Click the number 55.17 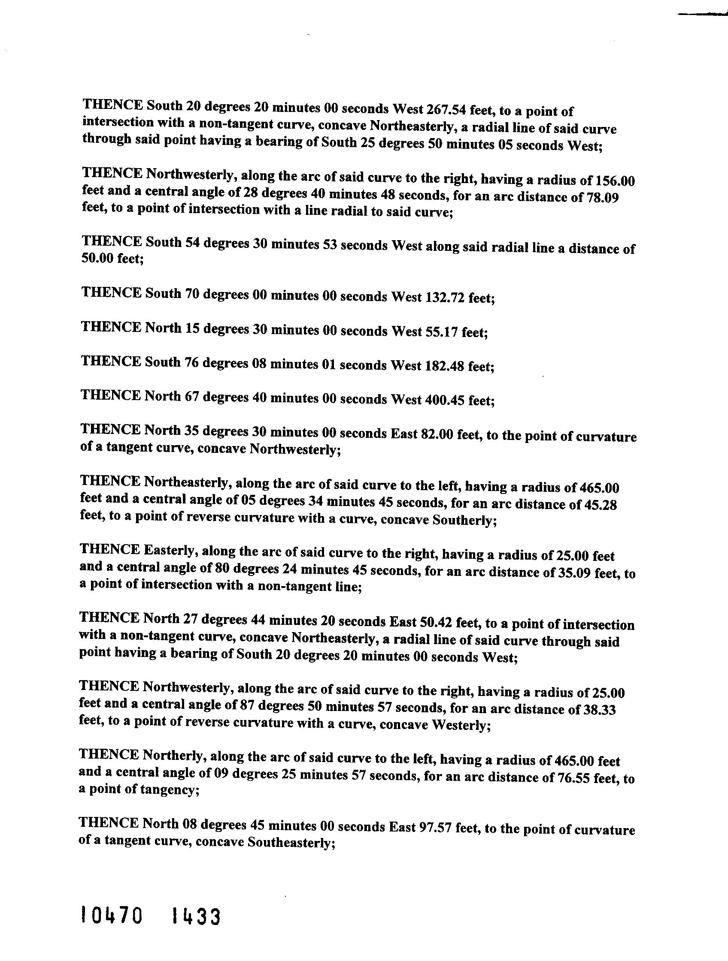pos(442,332)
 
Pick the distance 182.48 pos(445,366)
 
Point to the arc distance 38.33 pos(600,709)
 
